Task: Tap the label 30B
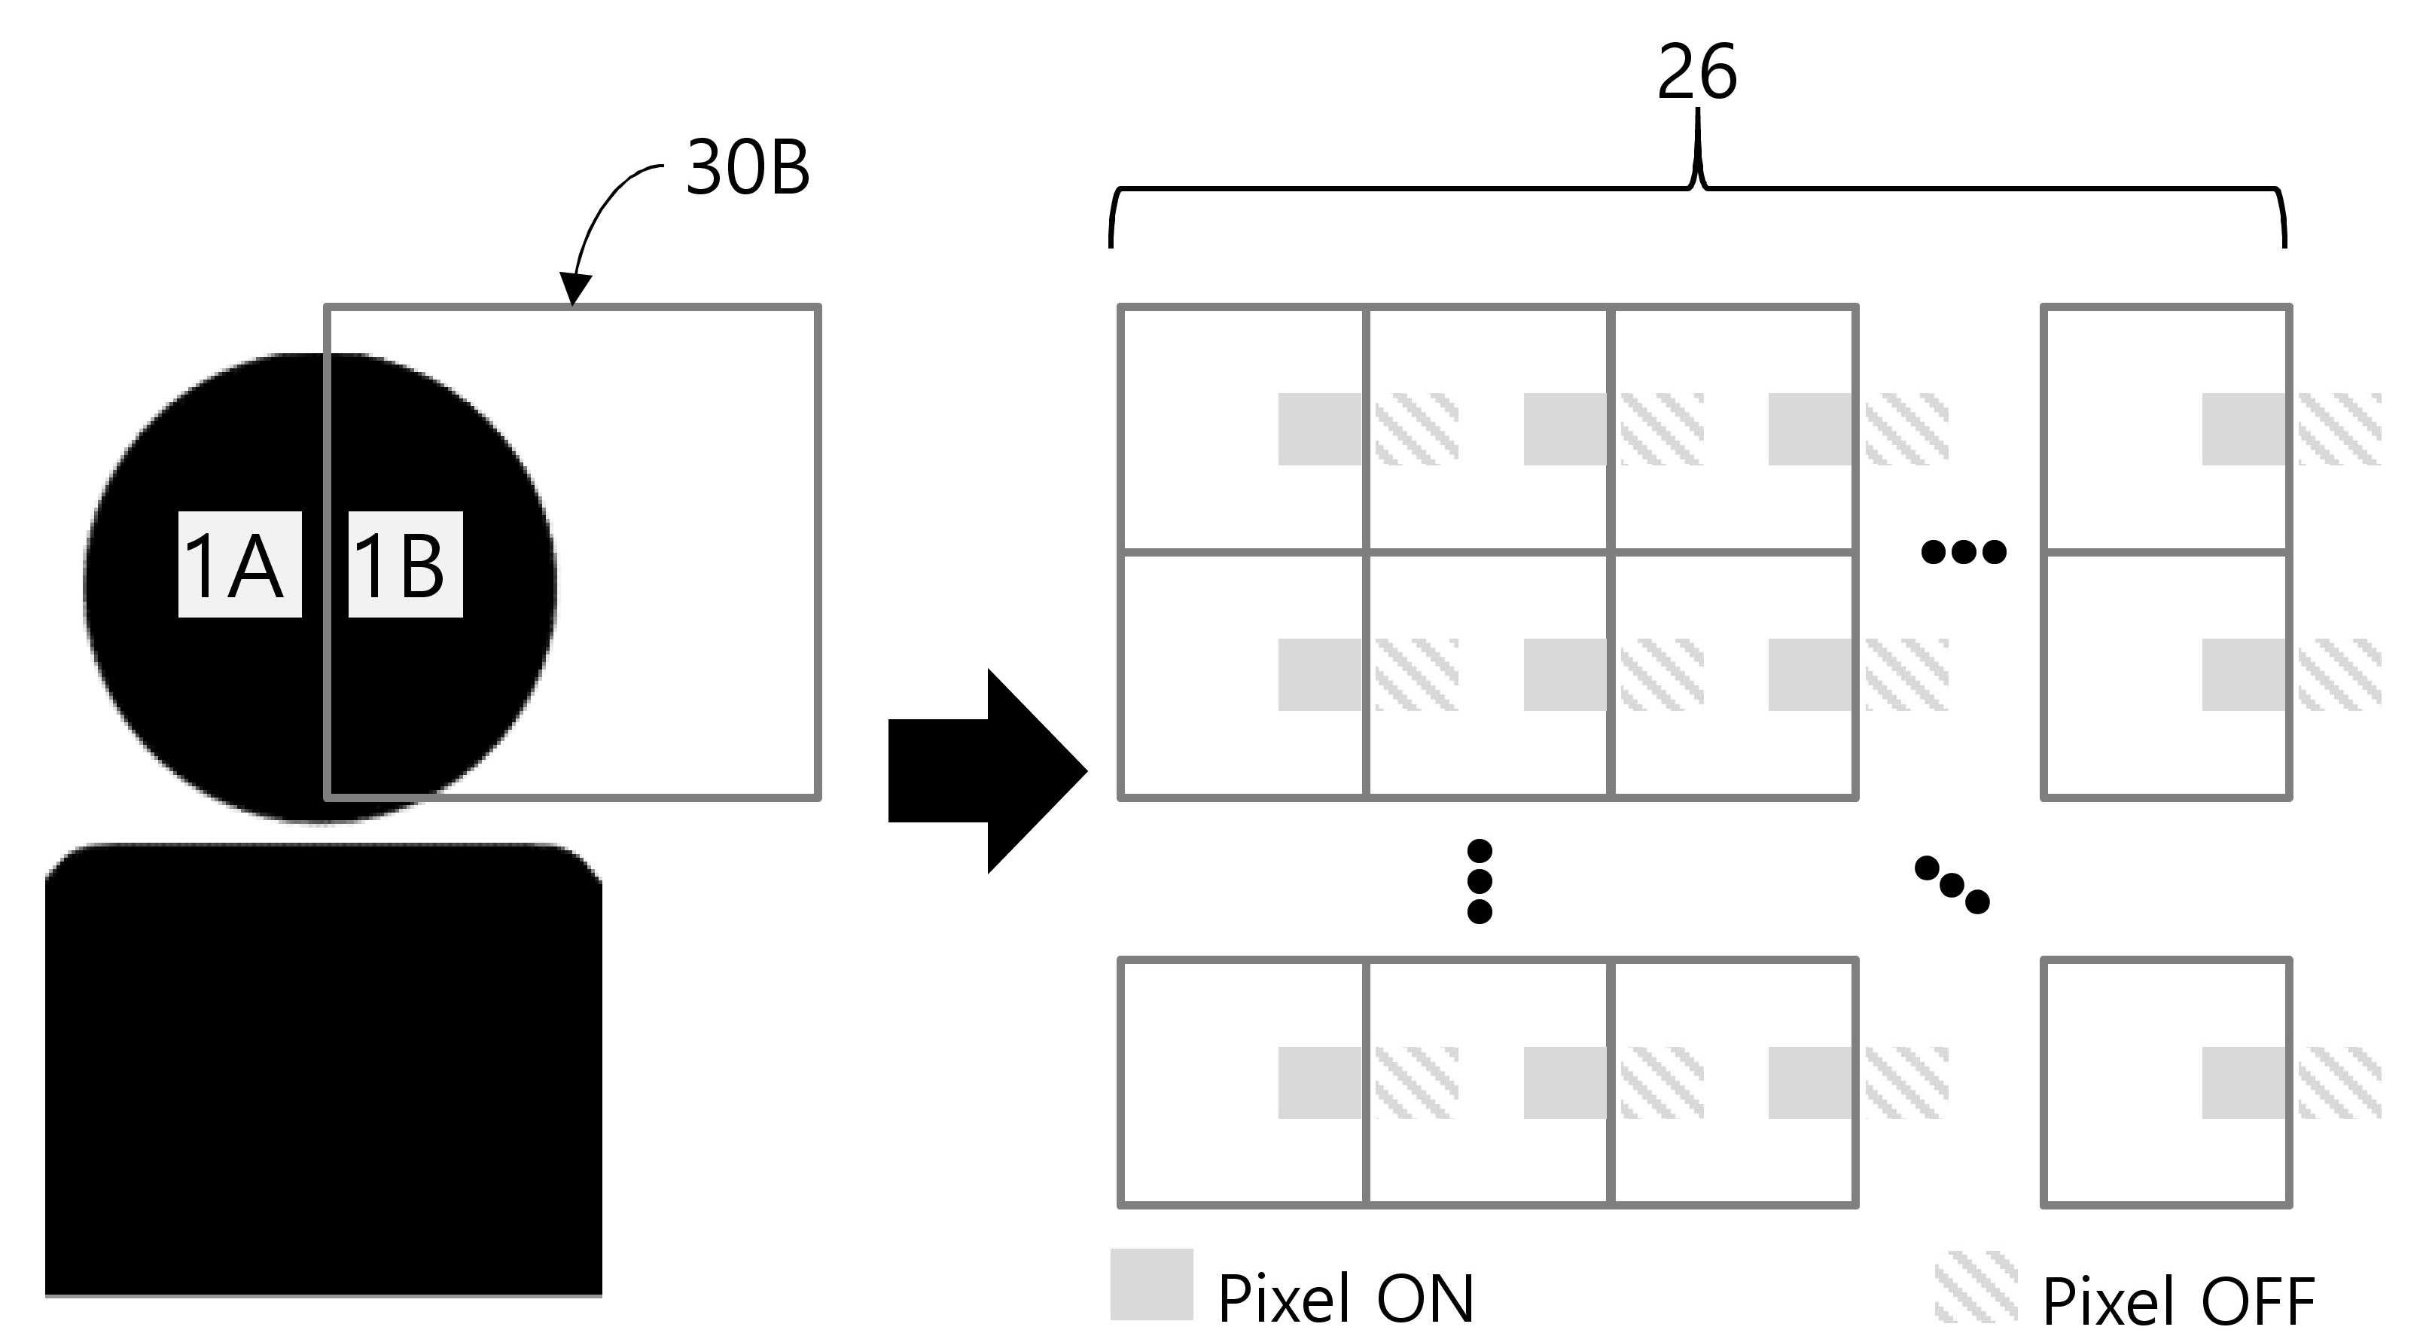pos(748,168)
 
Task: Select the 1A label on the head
pos(240,564)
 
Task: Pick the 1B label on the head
pos(405,564)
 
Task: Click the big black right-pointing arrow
pos(987,770)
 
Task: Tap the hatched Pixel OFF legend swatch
pos(1976,1286)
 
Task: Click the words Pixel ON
pos(1346,1298)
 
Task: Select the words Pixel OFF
pos(2178,1301)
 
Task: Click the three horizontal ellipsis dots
pos(1963,551)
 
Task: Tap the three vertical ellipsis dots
pos(1480,881)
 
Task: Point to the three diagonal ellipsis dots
pos(1952,883)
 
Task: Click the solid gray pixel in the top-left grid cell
pos(1319,429)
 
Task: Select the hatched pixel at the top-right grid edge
pos(2339,429)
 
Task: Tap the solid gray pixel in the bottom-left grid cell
pos(1319,1082)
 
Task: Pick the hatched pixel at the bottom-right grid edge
pos(2339,1082)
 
